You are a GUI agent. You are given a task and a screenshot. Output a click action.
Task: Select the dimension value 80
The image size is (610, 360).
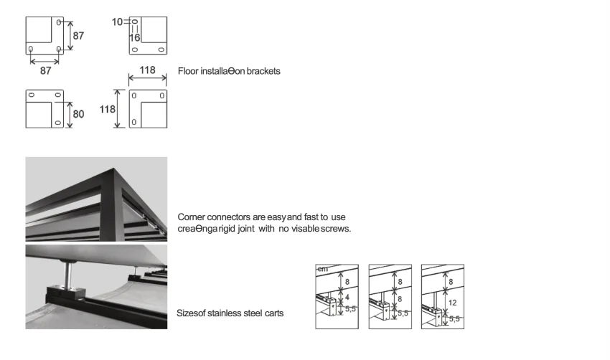(78, 114)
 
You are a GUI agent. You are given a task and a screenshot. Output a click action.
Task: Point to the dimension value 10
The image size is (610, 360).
(118, 22)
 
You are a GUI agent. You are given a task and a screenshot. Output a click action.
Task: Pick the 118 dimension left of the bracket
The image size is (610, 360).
(106, 109)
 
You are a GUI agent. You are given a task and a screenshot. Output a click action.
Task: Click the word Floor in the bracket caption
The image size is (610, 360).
(196, 71)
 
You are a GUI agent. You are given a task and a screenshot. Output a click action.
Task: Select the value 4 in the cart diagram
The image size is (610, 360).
(347, 295)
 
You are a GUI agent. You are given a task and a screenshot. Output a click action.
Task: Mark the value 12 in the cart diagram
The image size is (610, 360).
(452, 303)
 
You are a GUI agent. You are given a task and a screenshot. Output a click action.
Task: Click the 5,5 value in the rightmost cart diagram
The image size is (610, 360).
(454, 318)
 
